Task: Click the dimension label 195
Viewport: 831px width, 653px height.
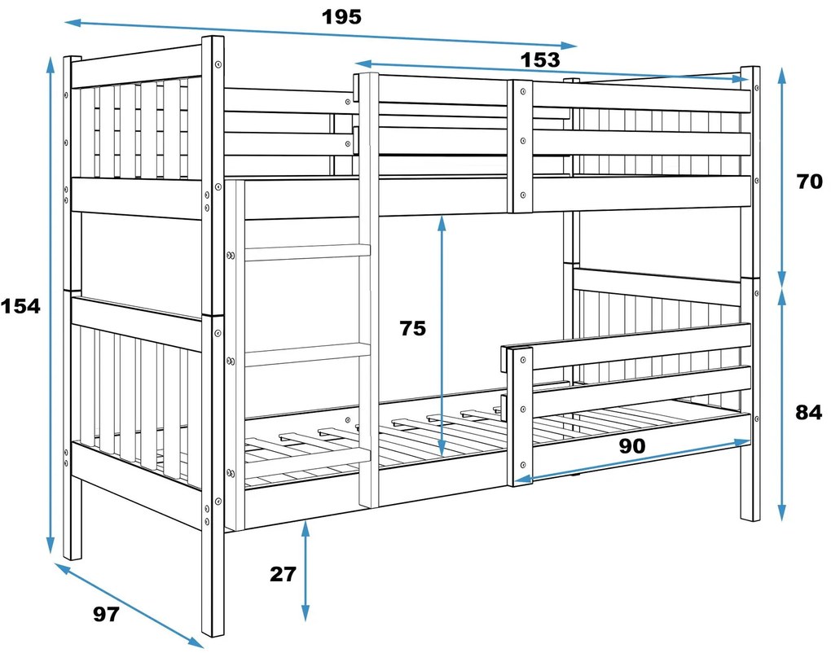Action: tap(341, 16)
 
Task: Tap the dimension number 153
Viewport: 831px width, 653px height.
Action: tap(540, 59)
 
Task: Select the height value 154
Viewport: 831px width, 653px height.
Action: tap(20, 306)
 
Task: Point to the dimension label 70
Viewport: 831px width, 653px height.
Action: tap(809, 182)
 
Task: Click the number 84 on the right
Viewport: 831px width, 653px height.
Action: tap(808, 412)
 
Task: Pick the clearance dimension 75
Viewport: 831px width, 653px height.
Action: tap(412, 328)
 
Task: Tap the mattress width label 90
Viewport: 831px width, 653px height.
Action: tap(632, 445)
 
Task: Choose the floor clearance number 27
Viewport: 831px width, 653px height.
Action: tap(283, 574)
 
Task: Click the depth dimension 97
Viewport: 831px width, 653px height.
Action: tap(105, 615)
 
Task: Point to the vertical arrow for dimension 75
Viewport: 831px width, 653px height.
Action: tap(442, 334)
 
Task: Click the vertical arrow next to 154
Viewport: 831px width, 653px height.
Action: tap(51, 306)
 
